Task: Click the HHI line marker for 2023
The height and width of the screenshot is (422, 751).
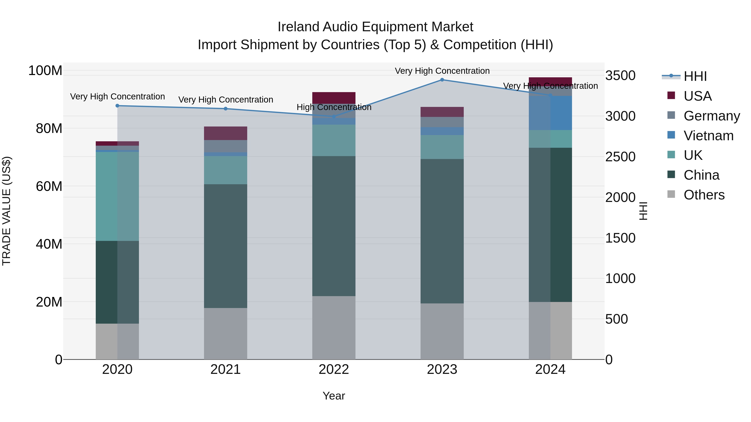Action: point(442,80)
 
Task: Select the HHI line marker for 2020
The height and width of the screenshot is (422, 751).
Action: point(117,106)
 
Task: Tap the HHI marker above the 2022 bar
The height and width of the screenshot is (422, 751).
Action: point(334,116)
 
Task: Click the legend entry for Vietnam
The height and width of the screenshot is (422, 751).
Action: point(708,136)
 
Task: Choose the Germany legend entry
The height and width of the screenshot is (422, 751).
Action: point(711,116)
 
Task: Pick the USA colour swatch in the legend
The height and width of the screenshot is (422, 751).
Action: point(671,95)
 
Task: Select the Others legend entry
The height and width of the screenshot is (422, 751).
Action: point(704,195)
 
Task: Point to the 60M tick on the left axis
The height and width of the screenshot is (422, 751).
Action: point(49,186)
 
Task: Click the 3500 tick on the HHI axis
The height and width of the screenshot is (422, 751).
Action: point(620,76)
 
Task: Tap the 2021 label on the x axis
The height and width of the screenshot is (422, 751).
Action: point(225,369)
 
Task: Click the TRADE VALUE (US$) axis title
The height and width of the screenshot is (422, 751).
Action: point(6,211)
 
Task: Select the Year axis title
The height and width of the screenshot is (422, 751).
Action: point(334,396)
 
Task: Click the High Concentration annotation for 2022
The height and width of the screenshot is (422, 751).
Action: point(334,107)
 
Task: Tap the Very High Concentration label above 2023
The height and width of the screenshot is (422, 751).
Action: point(442,71)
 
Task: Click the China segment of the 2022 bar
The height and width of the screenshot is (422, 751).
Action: point(334,226)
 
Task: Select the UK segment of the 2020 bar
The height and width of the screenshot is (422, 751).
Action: point(117,196)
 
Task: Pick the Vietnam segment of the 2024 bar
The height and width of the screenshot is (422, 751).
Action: point(550,113)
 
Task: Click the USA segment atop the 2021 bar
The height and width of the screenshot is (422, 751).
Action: point(225,133)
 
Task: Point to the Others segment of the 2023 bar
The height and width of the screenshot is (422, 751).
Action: point(442,331)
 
